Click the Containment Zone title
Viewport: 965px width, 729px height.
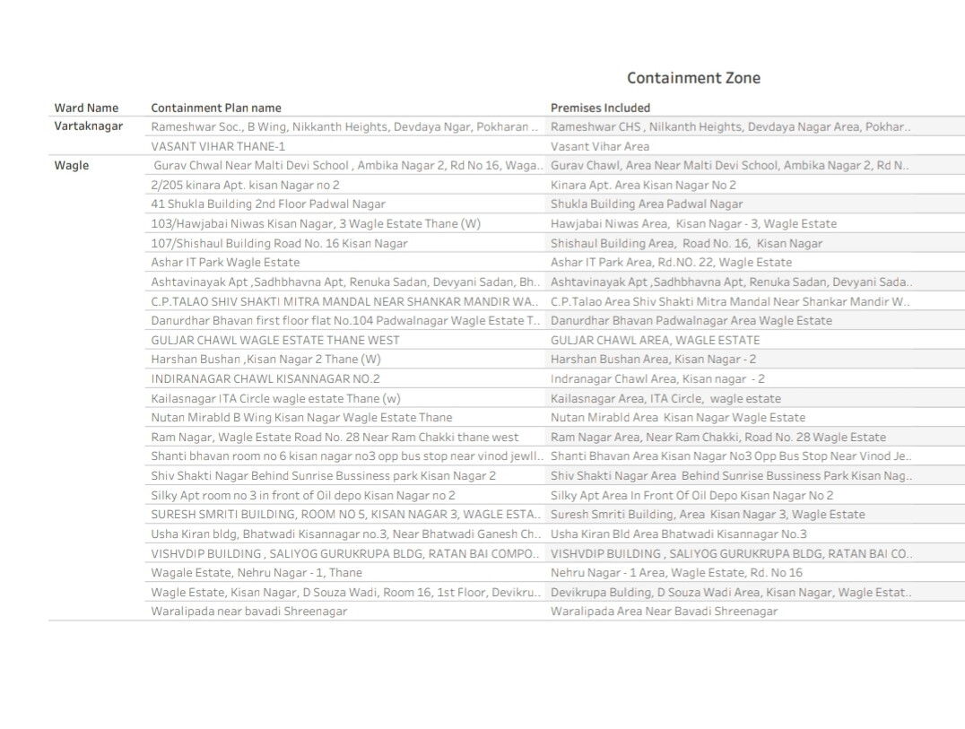click(693, 78)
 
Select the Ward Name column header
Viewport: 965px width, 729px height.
click(86, 108)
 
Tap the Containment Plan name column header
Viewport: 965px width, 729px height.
click(215, 108)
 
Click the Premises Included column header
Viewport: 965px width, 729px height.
click(600, 108)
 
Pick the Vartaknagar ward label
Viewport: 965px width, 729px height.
click(89, 126)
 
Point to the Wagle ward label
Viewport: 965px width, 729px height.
click(72, 165)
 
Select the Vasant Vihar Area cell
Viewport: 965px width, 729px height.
click(600, 146)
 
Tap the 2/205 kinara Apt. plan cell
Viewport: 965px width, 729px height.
click(245, 185)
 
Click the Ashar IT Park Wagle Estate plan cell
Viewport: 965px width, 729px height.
click(225, 263)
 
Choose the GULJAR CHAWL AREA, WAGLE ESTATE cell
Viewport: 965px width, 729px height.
click(655, 340)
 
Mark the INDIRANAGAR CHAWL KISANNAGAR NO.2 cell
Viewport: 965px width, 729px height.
click(265, 378)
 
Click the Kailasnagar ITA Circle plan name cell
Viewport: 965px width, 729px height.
click(275, 398)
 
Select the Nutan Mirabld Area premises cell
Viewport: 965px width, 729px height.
click(678, 417)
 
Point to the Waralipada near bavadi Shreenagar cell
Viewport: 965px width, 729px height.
click(248, 612)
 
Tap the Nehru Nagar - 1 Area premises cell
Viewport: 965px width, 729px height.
click(676, 572)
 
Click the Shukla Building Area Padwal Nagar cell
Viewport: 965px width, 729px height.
click(647, 204)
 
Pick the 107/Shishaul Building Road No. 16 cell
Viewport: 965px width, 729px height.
click(279, 243)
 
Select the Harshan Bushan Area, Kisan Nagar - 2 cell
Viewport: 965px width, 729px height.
click(653, 360)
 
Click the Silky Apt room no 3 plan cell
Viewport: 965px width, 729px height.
click(303, 495)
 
